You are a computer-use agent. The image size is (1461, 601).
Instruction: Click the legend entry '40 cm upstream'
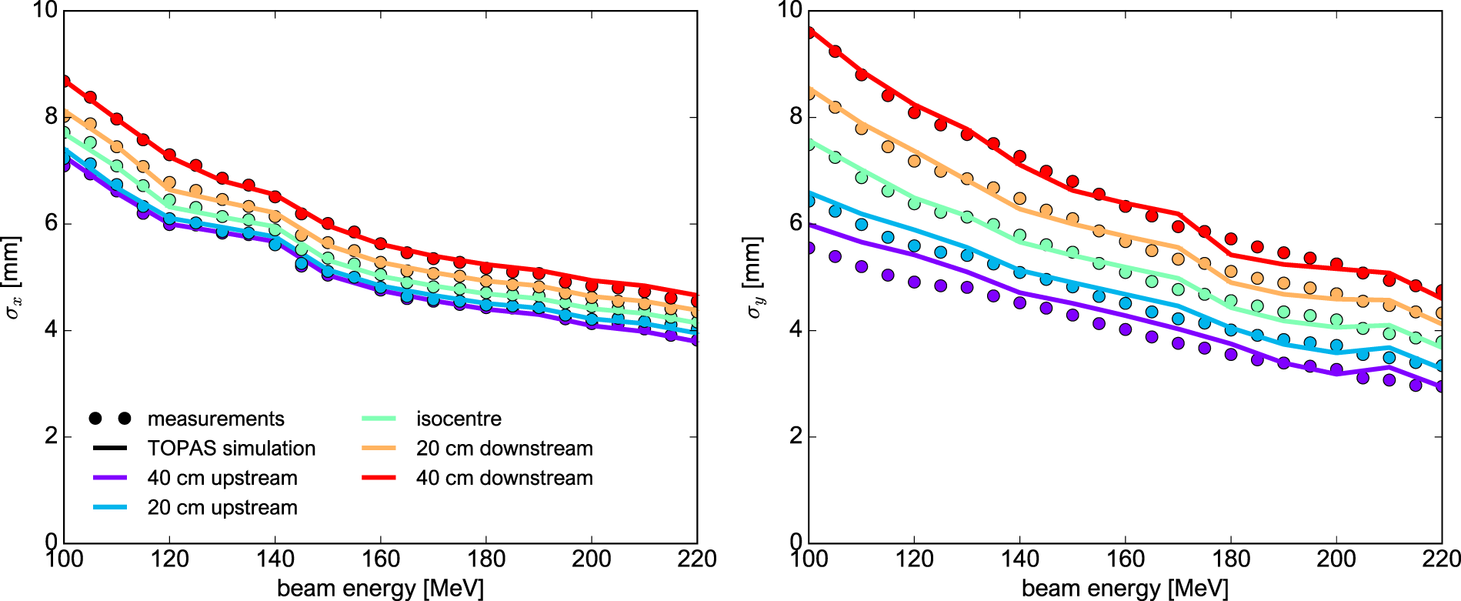(222, 478)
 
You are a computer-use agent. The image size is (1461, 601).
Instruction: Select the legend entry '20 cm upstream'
(222, 508)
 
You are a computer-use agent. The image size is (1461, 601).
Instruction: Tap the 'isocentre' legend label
(459, 419)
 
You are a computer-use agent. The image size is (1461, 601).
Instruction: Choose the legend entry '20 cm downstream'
(504, 449)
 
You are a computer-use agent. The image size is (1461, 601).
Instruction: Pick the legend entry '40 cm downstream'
(504, 478)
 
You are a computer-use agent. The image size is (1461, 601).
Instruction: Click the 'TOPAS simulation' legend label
(231, 449)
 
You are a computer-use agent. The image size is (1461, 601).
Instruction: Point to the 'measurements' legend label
(215, 419)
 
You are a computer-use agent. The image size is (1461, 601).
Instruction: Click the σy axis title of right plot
(754, 277)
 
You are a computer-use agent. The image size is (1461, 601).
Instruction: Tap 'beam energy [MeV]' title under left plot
(380, 589)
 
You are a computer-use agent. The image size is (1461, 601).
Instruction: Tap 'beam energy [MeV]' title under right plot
(1125, 589)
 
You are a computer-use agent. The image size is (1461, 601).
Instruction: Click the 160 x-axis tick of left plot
(380, 559)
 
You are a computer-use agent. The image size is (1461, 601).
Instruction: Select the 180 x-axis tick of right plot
(1231, 559)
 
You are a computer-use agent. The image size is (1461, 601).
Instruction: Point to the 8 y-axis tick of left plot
(51, 116)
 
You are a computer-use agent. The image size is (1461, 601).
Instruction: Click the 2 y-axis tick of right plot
(796, 436)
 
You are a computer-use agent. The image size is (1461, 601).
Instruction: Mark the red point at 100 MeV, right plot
(809, 33)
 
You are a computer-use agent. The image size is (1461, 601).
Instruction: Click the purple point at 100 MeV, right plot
(809, 248)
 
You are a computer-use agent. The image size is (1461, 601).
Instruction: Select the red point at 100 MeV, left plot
(65, 81)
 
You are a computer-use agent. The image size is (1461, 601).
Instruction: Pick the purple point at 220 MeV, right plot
(1441, 386)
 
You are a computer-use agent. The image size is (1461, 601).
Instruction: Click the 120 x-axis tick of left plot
(169, 559)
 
